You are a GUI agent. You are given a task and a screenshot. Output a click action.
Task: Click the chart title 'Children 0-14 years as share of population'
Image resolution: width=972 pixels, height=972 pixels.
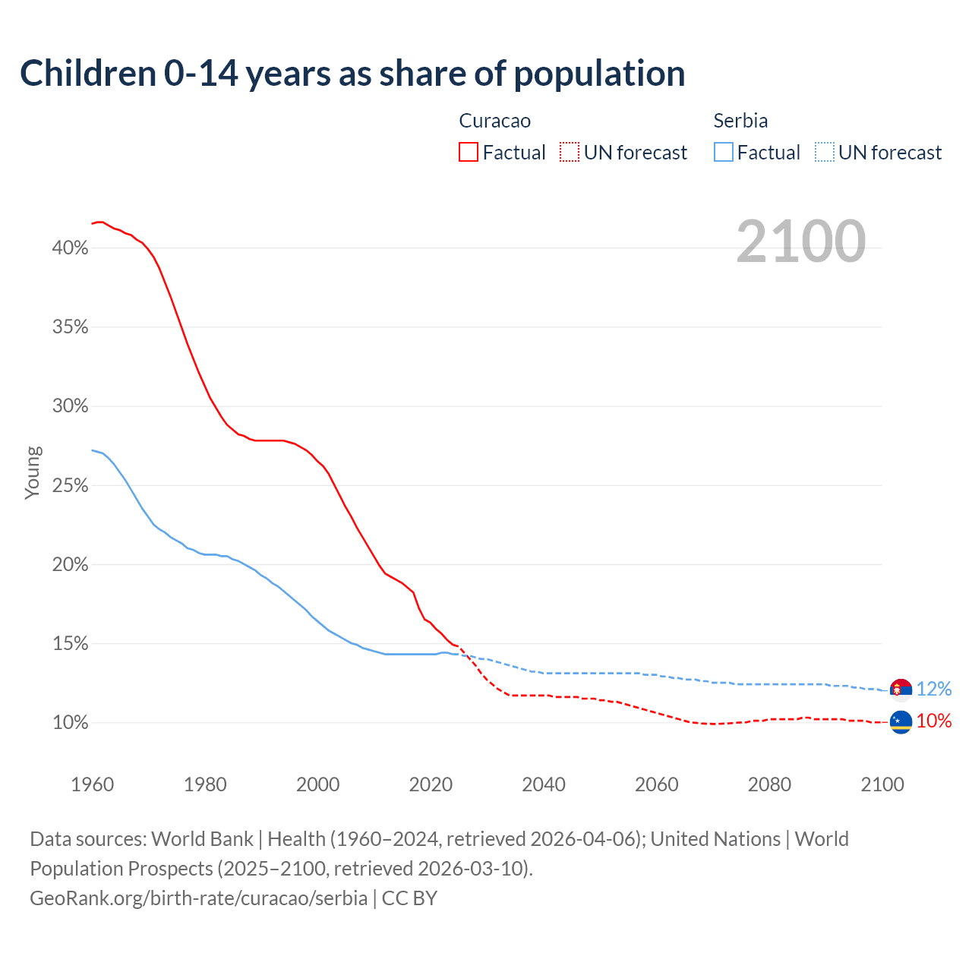coord(352,74)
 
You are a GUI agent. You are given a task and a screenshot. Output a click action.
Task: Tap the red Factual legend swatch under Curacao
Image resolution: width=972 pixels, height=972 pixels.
coord(469,152)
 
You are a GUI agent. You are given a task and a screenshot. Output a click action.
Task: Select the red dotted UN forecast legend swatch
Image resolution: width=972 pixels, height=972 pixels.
coord(570,152)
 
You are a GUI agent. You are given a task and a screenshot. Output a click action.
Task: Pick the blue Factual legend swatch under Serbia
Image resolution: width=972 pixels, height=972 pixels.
coord(723,152)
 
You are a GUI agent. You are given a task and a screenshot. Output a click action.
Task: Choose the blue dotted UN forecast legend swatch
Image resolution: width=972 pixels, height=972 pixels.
coord(824,152)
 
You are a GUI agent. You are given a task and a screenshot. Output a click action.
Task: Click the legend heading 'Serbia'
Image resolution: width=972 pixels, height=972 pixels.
coord(740,121)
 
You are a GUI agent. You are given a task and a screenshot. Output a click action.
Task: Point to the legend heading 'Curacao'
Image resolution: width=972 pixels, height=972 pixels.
coord(494,121)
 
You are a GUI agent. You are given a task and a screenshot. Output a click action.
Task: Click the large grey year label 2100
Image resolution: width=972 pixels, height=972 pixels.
coord(800,241)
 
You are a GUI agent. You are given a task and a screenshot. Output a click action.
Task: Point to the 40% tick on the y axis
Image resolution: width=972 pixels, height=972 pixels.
coord(71,248)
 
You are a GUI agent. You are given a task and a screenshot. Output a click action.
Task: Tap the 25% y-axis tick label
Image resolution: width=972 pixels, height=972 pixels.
coord(71,486)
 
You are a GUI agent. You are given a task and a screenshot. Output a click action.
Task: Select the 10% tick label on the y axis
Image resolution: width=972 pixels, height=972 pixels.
coord(71,723)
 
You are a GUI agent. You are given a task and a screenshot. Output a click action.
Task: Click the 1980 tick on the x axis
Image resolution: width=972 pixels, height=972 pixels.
coord(205,784)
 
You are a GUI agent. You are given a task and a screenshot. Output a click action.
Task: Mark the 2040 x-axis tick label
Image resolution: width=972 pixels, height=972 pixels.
coord(544,784)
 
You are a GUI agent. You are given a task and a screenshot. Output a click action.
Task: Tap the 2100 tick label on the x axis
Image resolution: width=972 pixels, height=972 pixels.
coord(882,784)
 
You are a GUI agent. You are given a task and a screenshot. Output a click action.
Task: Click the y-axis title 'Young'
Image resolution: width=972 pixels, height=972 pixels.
coord(33,472)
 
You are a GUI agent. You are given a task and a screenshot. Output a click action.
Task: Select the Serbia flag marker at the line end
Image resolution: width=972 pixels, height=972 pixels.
coord(901,690)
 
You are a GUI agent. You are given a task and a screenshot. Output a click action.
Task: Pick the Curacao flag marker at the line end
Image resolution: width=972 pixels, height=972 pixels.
coord(901,722)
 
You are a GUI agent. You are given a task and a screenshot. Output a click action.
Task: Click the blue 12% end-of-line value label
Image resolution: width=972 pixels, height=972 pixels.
coord(934,689)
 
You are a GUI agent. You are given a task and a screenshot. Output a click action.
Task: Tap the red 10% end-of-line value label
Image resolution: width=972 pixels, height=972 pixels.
coord(934,721)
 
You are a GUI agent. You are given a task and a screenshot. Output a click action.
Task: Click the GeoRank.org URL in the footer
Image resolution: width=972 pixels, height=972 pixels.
coord(199,898)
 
